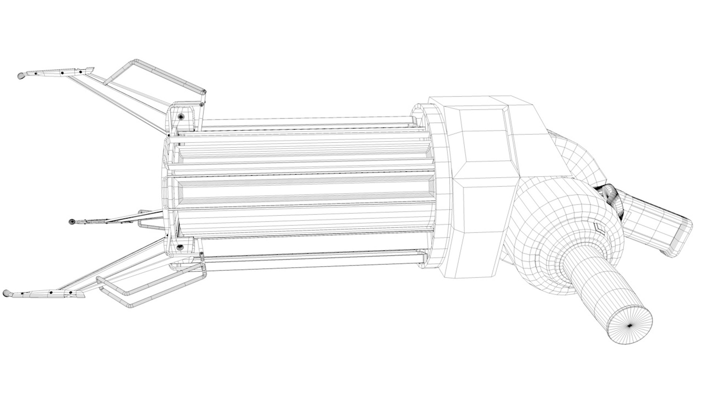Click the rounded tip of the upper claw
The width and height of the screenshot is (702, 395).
click(x=21, y=76)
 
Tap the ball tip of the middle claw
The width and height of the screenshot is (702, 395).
click(x=72, y=221)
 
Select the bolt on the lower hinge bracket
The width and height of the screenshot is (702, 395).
click(x=180, y=248)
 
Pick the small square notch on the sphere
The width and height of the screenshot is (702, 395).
click(x=599, y=228)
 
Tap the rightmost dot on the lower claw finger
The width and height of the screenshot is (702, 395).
click(x=70, y=293)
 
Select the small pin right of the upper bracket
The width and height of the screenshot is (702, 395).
click(x=201, y=105)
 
